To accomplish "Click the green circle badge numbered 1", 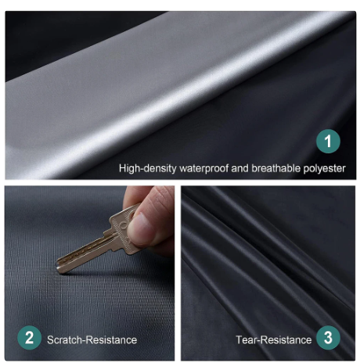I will (329, 142).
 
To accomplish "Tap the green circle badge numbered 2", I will (29, 338).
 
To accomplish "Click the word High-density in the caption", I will (146, 167).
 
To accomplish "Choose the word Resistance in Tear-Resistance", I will (286, 340).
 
